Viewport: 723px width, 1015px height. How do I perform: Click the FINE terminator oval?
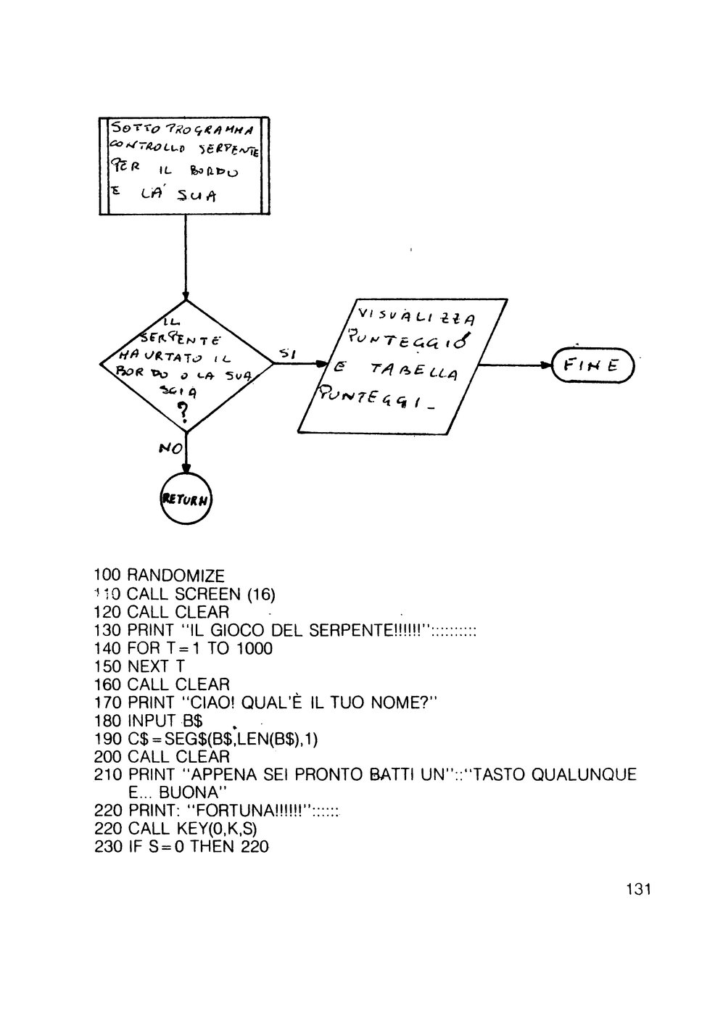click(592, 366)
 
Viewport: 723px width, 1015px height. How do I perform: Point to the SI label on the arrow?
click(286, 353)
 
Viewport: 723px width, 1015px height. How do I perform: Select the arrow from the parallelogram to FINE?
click(515, 366)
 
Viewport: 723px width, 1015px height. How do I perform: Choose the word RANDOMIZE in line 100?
click(175, 576)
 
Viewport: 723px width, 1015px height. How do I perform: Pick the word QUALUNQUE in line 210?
click(584, 774)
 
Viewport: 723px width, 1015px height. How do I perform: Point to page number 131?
click(637, 889)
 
